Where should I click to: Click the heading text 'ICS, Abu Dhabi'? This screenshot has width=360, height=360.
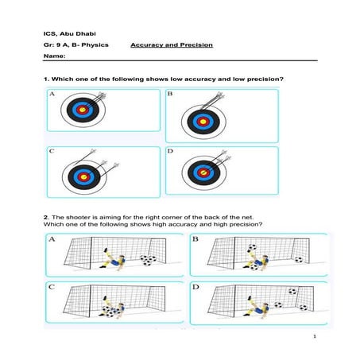point(66,33)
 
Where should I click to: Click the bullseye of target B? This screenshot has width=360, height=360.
point(203,122)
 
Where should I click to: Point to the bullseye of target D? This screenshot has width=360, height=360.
point(203,172)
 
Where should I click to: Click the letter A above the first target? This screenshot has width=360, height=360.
point(52,94)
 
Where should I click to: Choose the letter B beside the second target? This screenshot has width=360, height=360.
point(170,94)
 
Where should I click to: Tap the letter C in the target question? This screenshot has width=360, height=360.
point(52,150)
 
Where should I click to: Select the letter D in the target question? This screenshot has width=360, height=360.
point(170,150)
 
